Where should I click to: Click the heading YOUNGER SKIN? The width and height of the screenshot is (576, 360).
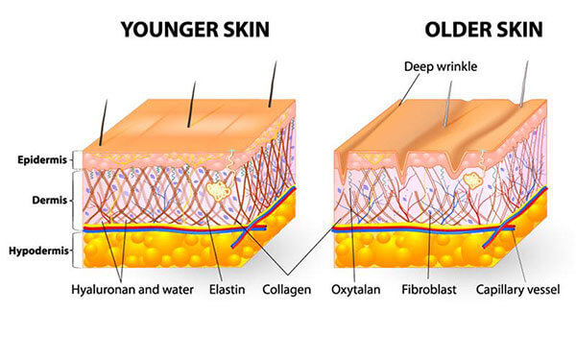click(195, 30)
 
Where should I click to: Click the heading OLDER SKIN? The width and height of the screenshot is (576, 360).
click(484, 30)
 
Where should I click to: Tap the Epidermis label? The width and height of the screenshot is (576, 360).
click(42, 160)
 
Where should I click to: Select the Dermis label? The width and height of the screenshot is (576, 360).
click(50, 201)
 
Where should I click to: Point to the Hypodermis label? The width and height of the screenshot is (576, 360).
click(39, 252)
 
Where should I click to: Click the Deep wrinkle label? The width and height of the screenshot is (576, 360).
click(441, 66)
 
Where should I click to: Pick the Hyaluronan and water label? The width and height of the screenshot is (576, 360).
click(132, 290)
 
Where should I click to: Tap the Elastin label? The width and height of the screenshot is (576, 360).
click(227, 290)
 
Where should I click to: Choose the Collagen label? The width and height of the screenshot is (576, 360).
click(286, 290)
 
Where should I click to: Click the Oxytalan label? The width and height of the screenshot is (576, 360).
click(355, 290)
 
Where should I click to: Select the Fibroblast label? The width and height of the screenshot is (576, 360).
click(429, 290)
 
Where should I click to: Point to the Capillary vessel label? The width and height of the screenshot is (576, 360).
click(518, 290)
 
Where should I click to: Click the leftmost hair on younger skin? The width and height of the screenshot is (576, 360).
click(104, 122)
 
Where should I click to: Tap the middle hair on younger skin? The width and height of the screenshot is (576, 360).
click(191, 105)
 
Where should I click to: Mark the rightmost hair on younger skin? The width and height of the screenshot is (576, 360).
click(273, 84)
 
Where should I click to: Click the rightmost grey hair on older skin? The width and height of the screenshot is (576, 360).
click(524, 84)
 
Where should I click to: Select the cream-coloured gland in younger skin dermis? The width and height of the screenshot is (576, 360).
click(219, 190)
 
